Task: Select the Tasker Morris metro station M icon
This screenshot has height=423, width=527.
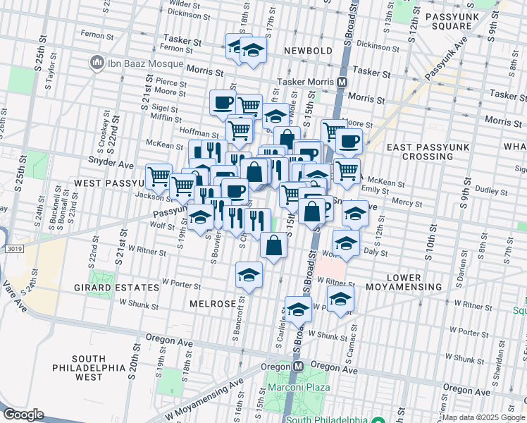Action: pos(342,82)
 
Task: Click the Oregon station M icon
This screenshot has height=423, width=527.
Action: pos(298,367)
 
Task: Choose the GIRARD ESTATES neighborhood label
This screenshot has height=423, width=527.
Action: pos(117,288)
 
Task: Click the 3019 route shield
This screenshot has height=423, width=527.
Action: pos(9,249)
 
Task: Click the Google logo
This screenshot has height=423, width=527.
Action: pos(23,415)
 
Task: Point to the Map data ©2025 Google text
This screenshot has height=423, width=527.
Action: pos(483,417)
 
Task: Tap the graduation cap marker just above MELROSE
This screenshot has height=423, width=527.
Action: pos(249,276)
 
